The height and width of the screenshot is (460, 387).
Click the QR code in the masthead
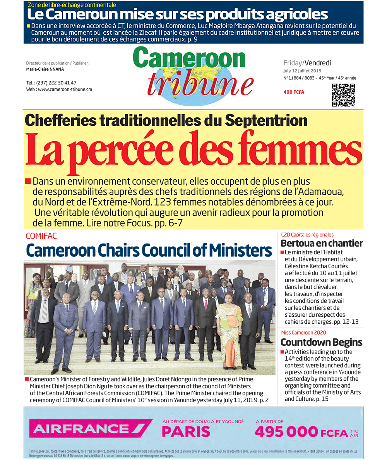coord(343,95)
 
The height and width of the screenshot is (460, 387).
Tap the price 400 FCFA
coord(294,92)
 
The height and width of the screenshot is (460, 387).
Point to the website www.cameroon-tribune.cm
coord(59,89)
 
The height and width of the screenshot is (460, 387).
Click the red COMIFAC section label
coord(41,236)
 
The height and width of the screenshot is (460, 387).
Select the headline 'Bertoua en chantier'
coord(322,244)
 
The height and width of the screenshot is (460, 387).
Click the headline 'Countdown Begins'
coord(321,342)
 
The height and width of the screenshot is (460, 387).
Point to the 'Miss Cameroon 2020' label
coord(303,333)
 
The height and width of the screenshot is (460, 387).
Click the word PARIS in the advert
coord(186,431)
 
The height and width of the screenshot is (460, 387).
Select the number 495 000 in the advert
coord(286,431)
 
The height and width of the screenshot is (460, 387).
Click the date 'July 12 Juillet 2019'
coord(302,71)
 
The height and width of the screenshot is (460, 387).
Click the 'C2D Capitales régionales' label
coord(307,235)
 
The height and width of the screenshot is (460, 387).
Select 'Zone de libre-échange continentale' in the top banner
coord(72,5)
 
